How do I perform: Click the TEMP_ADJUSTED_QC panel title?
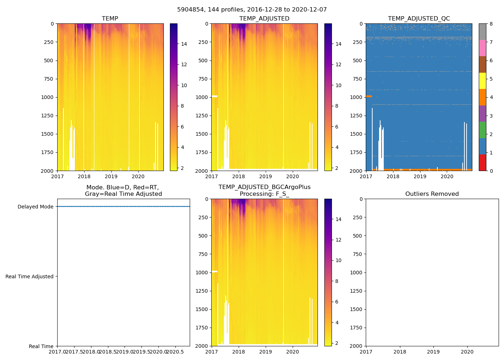pyautogui.click(x=419, y=19)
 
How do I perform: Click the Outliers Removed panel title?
pyautogui.click(x=432, y=194)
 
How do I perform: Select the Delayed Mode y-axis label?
pyautogui.click(x=35, y=207)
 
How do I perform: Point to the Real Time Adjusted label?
pyautogui.click(x=29, y=276)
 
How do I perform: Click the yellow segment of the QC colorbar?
pyautogui.click(x=482, y=81)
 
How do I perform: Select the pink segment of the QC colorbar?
pyautogui.click(x=482, y=48)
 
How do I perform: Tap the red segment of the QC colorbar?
pyautogui.click(x=482, y=162)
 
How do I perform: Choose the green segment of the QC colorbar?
pyautogui.click(x=482, y=130)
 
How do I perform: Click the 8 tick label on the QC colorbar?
pyautogui.click(x=491, y=24)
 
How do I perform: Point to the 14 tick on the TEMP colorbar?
pyautogui.click(x=184, y=44)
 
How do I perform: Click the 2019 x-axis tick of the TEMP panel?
pyautogui.click(x=111, y=176)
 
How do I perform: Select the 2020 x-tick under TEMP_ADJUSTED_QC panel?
pyautogui.click(x=447, y=176)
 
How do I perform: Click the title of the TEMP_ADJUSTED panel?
pyautogui.click(x=264, y=19)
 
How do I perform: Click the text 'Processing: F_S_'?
pyautogui.click(x=264, y=194)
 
